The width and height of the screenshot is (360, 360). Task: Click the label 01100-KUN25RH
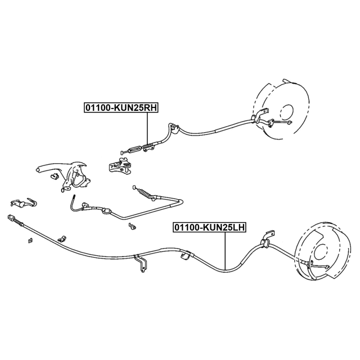coord(121,107)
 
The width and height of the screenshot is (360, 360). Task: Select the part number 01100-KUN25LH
coord(210,227)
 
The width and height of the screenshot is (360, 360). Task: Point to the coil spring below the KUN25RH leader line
coord(147,146)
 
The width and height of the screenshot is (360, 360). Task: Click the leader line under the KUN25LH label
coord(225,251)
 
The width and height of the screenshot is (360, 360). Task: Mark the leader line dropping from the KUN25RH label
coord(147,128)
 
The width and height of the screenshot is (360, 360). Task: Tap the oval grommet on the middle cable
coord(106,211)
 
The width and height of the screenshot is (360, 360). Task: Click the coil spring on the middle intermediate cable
coord(145,193)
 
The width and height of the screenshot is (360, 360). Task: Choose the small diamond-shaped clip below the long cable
coord(30,240)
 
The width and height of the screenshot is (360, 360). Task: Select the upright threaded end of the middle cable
coord(74,199)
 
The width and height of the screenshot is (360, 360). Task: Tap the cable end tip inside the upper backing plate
coord(291,123)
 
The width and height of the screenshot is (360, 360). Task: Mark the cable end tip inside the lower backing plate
coord(327,267)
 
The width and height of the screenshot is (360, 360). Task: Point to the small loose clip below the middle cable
coord(132,226)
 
